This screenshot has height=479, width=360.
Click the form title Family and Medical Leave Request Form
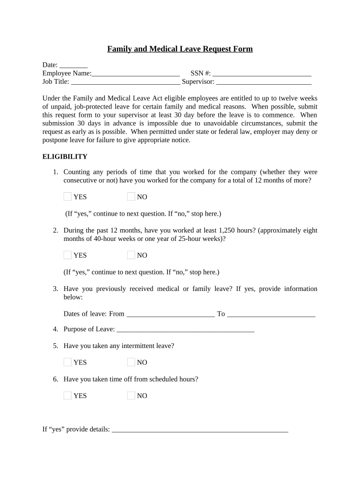[x=180, y=49]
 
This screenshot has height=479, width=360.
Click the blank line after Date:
[x=74, y=65]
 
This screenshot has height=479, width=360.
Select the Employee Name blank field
[x=136, y=73]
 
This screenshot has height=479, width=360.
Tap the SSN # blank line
[x=262, y=73]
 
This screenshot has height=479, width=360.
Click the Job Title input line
[x=125, y=82]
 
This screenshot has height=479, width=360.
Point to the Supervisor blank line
[x=264, y=82]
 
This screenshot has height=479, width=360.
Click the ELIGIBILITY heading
[x=65, y=157]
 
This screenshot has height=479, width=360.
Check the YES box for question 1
[x=68, y=196]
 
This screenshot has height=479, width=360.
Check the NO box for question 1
[x=131, y=196]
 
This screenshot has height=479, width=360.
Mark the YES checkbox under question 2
[x=68, y=255]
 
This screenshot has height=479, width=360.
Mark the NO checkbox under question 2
[x=131, y=255]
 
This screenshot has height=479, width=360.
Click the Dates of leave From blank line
[x=170, y=314]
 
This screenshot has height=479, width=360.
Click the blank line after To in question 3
[x=271, y=314]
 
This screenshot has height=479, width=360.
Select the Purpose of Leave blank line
[x=185, y=329]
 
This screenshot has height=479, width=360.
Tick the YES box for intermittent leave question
[x=68, y=362]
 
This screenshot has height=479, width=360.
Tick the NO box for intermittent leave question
[x=131, y=362]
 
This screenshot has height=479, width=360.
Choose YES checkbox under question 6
[x=68, y=396]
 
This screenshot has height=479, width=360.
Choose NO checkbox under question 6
[x=131, y=396]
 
